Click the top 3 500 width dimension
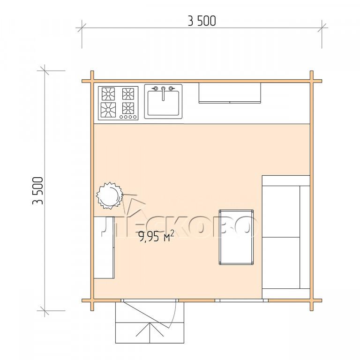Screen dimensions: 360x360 coord(202,21)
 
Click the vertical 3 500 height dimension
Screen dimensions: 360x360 coord(38,191)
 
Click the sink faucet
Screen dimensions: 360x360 coord(163,93)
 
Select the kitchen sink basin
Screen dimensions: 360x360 coord(163,103)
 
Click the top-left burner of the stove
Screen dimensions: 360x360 coord(108,94)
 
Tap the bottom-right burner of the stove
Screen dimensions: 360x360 coord(128,108)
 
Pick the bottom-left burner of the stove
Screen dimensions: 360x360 coord(108,110)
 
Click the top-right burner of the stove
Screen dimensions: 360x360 coord(128,94)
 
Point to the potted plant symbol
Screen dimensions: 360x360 coord(109,195)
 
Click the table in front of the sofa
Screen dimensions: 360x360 coord(236,237)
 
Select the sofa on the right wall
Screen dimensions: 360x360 coord(286,237)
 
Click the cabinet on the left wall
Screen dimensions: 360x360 coord(104,247)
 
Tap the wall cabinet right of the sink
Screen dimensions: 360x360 coord(230,93)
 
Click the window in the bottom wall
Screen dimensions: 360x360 coord(241,300)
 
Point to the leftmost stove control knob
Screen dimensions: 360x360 coord(121,117)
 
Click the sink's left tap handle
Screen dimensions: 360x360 coord(156,89)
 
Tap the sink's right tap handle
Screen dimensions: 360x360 coord(171,89)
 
